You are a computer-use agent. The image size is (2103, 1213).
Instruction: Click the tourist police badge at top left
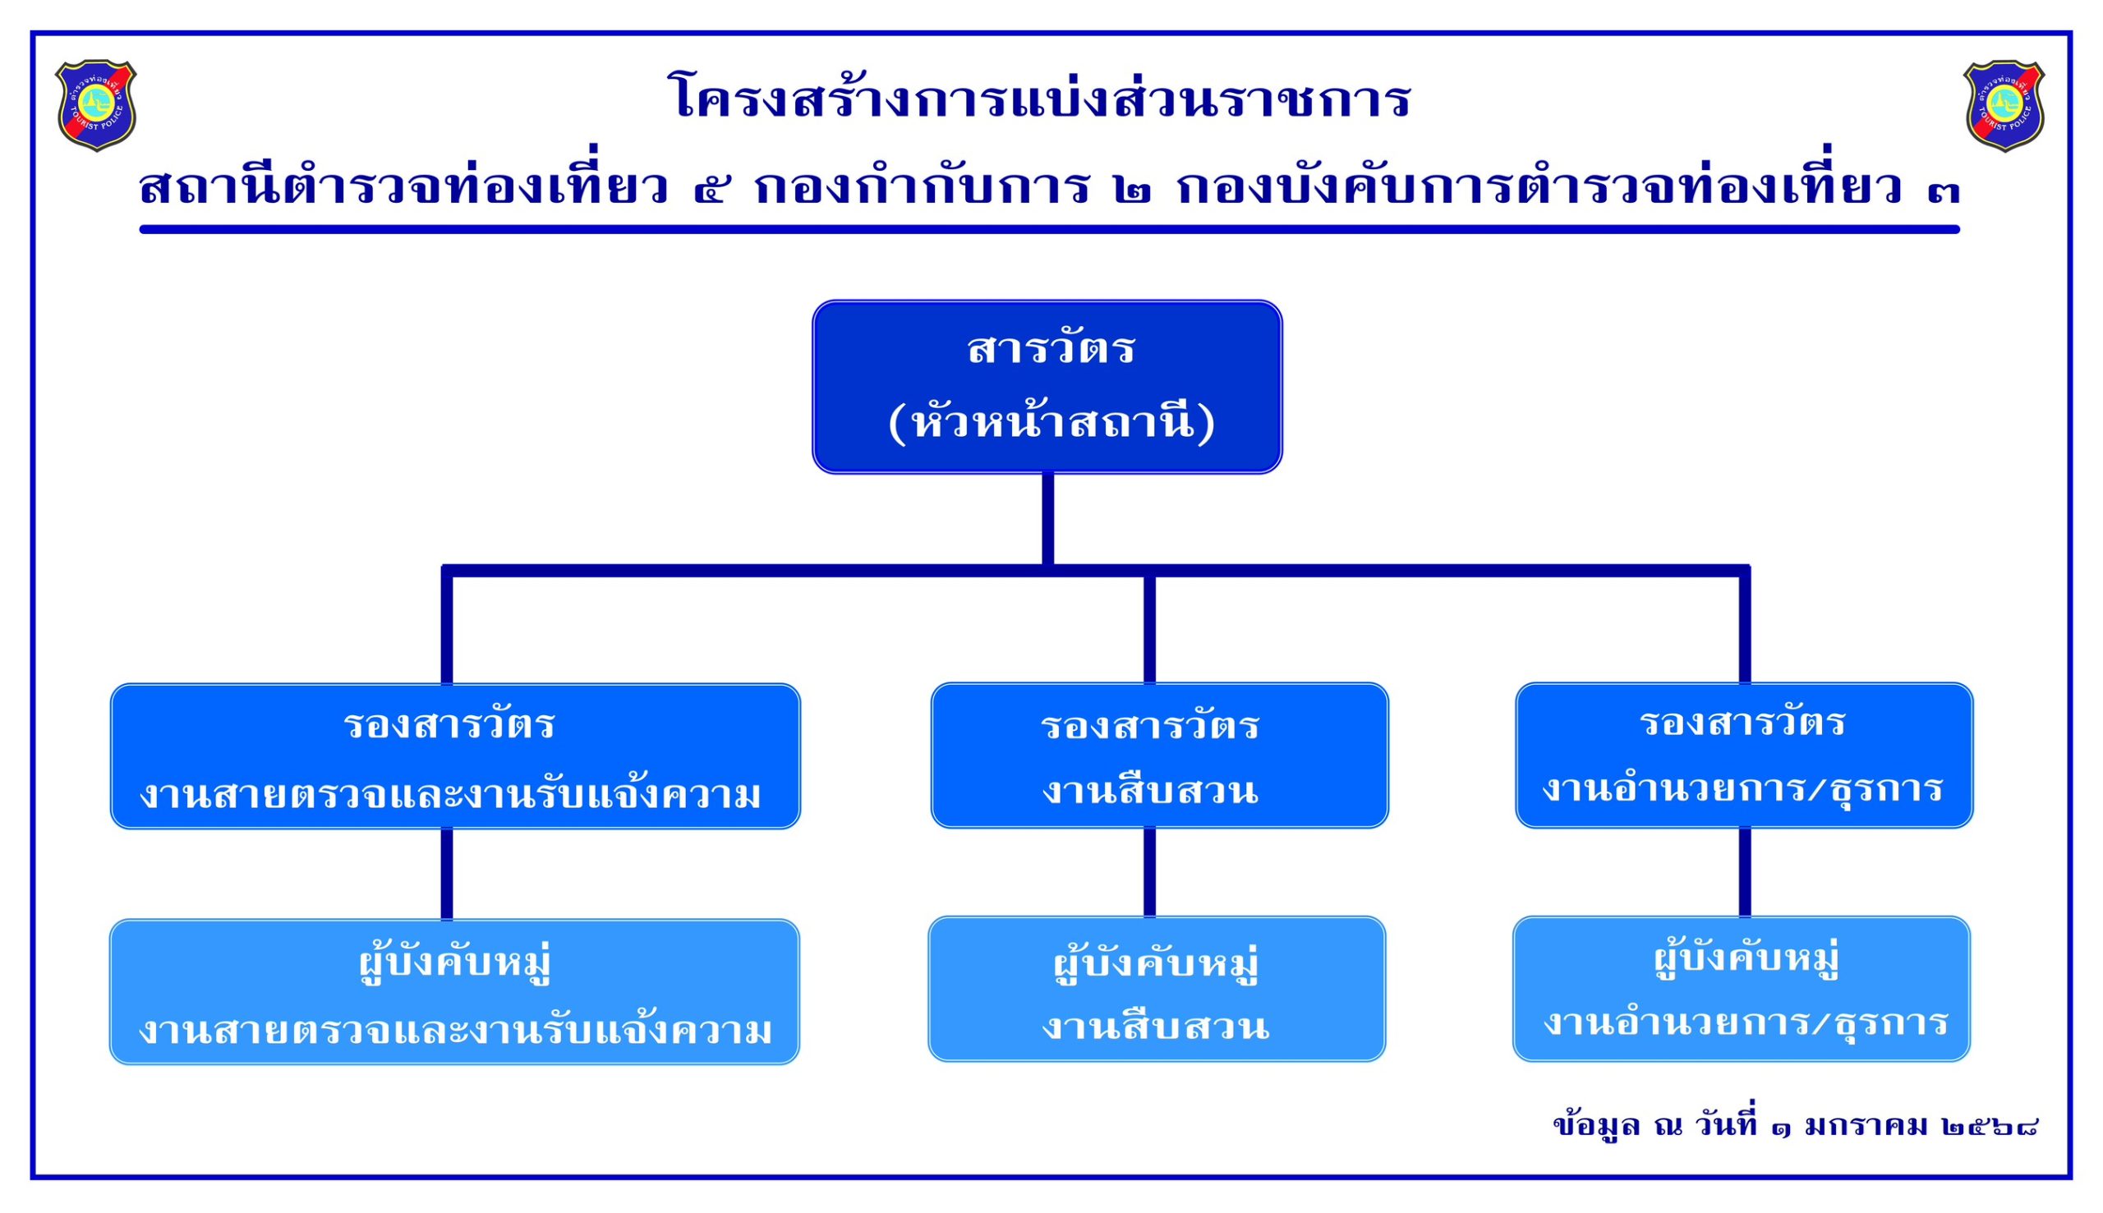pos(96,105)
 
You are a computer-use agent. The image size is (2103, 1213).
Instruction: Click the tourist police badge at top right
pos(2003,105)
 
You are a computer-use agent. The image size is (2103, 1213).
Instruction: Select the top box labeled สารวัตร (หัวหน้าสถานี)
pos(1047,387)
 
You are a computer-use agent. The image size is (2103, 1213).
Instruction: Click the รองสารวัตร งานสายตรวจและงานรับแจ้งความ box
pos(455,756)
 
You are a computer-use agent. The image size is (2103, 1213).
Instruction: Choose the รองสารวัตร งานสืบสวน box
pos(1159,756)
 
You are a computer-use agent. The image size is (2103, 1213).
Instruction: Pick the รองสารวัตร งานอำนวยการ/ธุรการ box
pos(1744,756)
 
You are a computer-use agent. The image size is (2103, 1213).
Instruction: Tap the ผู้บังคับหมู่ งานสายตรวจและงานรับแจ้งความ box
pos(454,991)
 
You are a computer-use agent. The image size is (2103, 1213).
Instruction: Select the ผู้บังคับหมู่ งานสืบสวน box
pos(1157,989)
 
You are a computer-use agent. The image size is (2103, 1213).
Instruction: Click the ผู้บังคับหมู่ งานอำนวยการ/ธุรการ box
pos(1742,989)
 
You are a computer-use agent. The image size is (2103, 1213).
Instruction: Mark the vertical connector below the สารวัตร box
pos(1047,518)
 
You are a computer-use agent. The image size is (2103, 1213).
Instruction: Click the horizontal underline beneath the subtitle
pos(1049,229)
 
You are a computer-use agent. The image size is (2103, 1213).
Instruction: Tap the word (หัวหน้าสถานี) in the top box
pos(1051,423)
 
